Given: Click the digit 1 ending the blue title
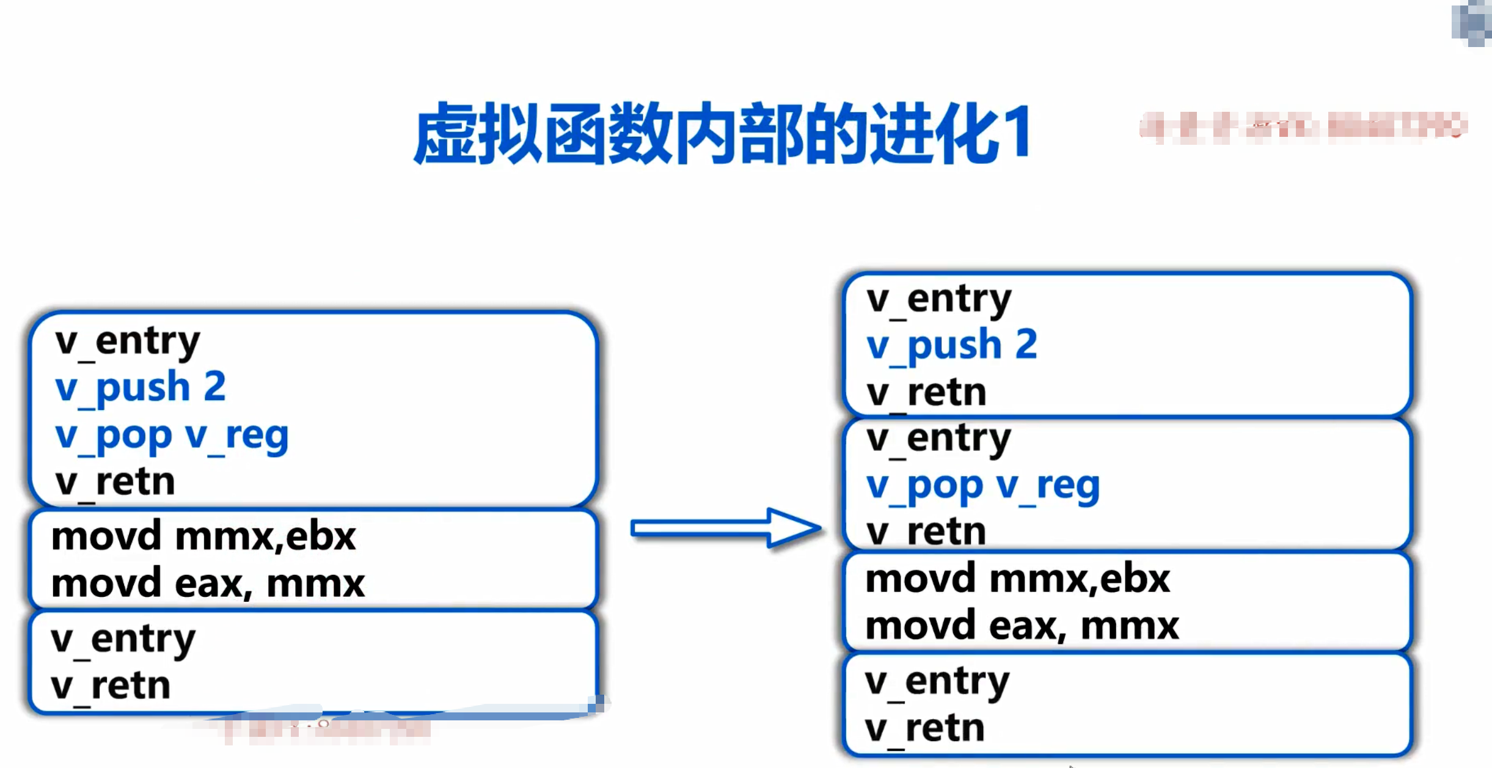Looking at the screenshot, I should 1017,133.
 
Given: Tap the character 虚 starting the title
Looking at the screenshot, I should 445,133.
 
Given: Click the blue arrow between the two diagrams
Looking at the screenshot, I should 725,527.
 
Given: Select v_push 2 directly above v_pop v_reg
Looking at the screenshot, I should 141,387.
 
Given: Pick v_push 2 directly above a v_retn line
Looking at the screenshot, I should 952,345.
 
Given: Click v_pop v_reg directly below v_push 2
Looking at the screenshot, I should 172,435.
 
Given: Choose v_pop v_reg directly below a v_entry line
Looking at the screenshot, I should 983,486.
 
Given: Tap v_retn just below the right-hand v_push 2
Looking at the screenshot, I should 926,392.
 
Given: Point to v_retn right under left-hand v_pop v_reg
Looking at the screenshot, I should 115,482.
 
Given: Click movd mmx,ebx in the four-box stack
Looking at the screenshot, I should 1018,579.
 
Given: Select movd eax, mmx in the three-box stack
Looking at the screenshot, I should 208,583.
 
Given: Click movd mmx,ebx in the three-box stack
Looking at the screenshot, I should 203,536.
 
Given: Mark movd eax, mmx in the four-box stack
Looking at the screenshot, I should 1022,626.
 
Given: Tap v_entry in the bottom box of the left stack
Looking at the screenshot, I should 123,639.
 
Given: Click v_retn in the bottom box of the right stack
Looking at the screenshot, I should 924,728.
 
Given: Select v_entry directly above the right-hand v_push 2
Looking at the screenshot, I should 938,299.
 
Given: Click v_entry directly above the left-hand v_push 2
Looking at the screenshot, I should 127,340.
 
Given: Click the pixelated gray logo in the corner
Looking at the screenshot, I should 1472,23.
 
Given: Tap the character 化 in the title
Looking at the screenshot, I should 969,133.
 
